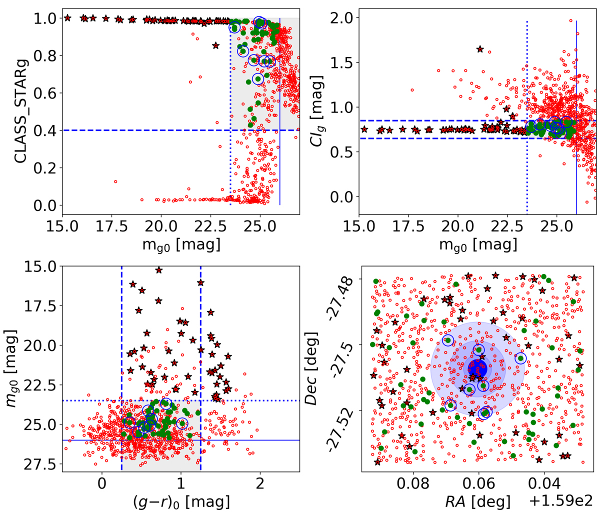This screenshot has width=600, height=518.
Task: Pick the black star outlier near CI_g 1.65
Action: (x=480, y=49)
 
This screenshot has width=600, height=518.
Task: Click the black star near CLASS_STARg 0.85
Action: (x=215, y=45)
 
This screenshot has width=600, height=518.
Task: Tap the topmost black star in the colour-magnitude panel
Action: (x=159, y=270)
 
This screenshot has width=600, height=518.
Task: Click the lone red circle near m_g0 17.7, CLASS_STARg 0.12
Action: (x=115, y=182)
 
